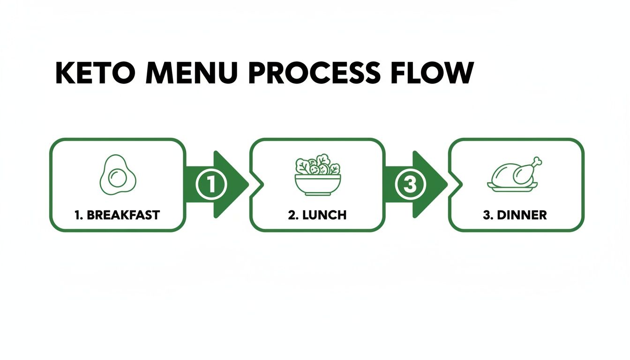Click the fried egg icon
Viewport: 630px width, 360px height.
click(118, 176)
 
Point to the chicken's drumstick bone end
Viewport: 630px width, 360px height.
click(539, 161)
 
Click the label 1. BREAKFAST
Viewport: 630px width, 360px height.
click(117, 215)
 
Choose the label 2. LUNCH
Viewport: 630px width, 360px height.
click(317, 215)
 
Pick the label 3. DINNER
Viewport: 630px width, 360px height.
click(515, 215)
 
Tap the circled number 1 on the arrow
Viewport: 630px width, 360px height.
click(211, 184)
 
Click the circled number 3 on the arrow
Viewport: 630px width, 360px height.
click(410, 184)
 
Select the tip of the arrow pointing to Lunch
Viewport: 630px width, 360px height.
click(247, 184)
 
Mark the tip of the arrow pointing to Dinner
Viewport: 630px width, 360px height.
click(446, 184)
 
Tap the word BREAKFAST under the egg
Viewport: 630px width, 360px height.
click(123, 215)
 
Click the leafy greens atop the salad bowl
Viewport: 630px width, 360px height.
click(318, 165)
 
